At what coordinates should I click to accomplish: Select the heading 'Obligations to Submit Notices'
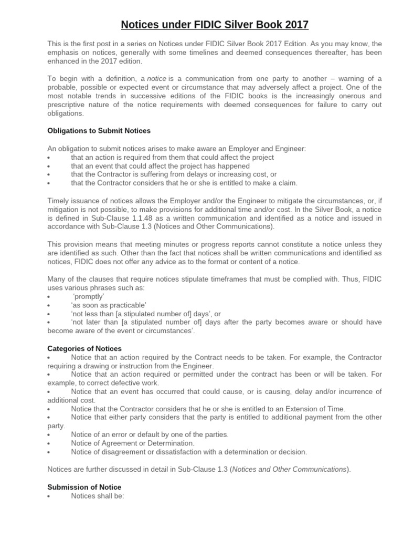(x=99, y=130)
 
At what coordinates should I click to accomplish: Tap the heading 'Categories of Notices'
(x=84, y=348)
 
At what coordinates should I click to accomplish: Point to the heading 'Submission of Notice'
(x=84, y=487)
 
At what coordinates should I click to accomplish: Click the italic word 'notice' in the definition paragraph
(x=156, y=78)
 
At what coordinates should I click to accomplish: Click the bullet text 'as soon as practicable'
(x=109, y=305)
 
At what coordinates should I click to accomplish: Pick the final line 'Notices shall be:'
(x=97, y=495)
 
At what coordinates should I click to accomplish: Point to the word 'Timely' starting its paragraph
(x=58, y=200)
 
